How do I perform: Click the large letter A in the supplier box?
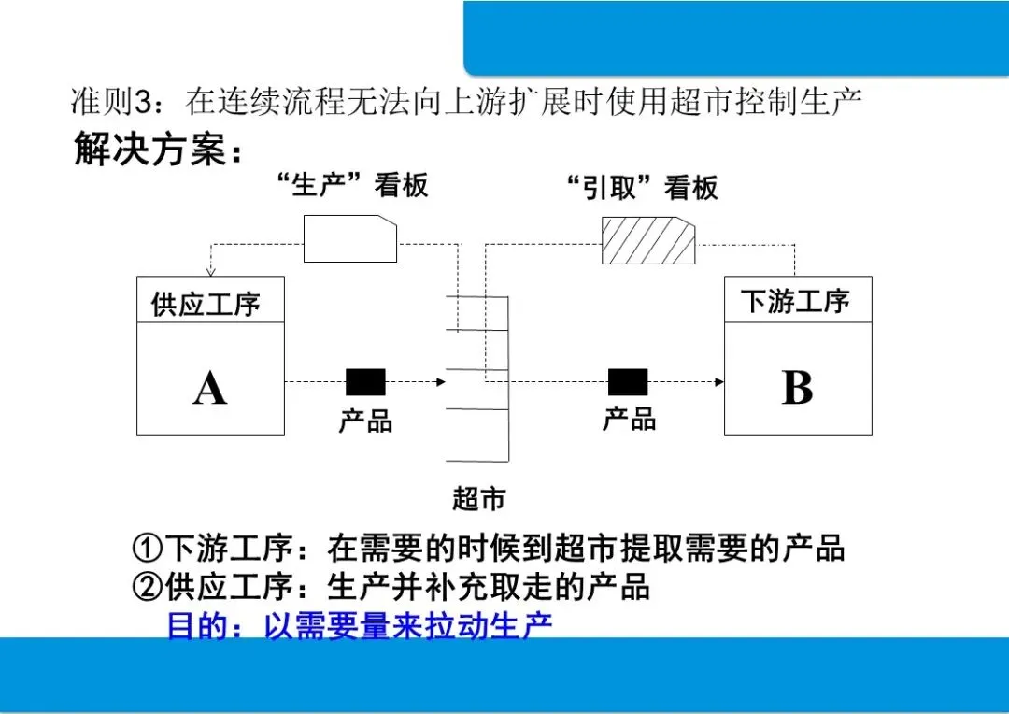[210, 386]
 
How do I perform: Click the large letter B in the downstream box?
[797, 387]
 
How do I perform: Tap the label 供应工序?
[206, 305]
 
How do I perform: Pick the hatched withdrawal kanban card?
[647, 240]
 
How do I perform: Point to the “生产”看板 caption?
[353, 185]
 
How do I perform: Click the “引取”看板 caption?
[644, 188]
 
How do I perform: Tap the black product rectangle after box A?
[365, 381]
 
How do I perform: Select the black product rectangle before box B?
[628, 381]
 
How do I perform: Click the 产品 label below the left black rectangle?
[365, 421]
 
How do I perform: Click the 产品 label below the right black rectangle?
[629, 419]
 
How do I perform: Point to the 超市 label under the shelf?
[478, 499]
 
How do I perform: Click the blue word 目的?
[197, 625]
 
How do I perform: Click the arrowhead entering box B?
[719, 381]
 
